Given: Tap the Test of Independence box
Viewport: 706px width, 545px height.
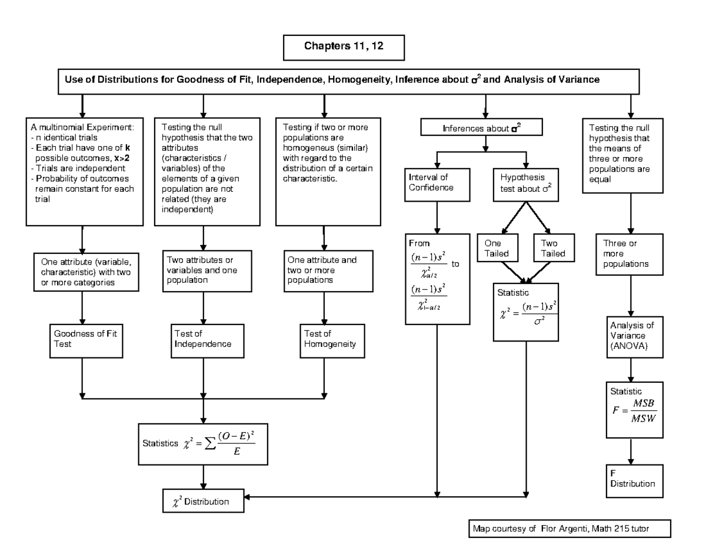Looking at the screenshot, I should click(x=203, y=339).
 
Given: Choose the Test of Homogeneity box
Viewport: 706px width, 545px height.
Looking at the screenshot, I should click(x=324, y=339).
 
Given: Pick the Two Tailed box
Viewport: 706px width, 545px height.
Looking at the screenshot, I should click(x=550, y=248).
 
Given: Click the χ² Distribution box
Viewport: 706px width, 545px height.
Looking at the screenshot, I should click(x=204, y=501).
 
